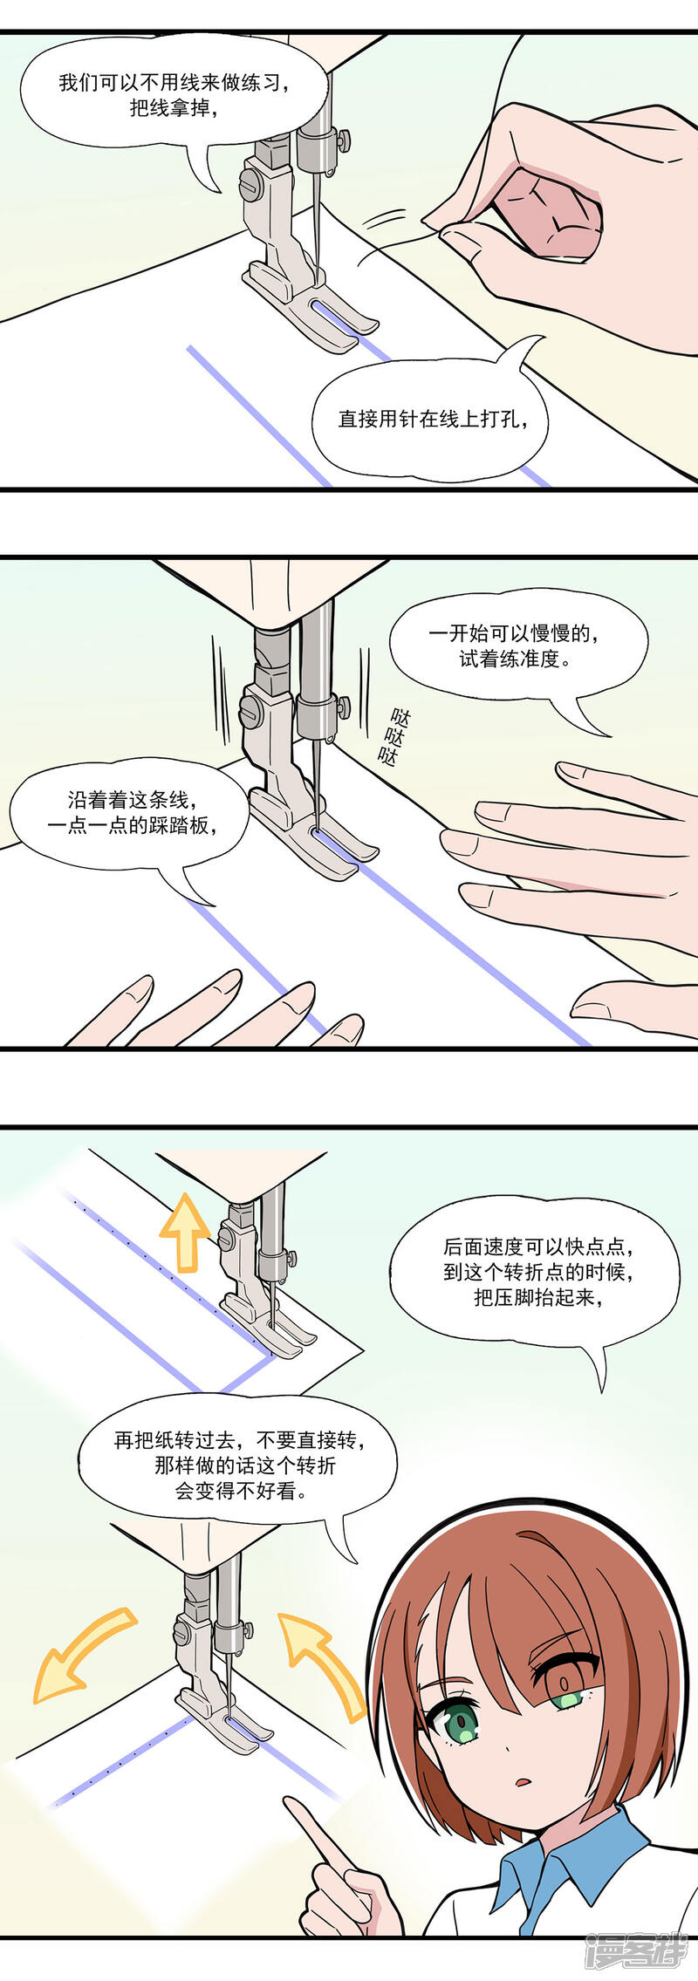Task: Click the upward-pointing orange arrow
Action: click(184, 1233)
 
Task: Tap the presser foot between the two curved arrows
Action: click(225, 1716)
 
